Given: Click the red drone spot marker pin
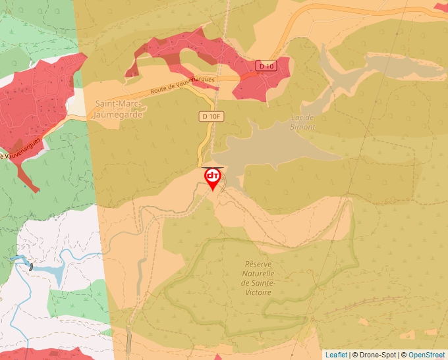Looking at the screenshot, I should pyautogui.click(x=213, y=178).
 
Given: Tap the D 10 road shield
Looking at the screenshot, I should pyautogui.click(x=266, y=66).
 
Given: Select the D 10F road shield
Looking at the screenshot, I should pyautogui.click(x=211, y=116).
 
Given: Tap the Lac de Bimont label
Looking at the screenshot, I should pyautogui.click(x=302, y=122).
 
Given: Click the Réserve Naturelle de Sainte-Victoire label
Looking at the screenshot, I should pyautogui.click(x=258, y=277).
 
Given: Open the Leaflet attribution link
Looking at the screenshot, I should pyautogui.click(x=336, y=355).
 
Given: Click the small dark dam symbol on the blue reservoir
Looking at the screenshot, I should pyautogui.click(x=30, y=267).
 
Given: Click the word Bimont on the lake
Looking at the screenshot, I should pyautogui.click(x=302, y=126).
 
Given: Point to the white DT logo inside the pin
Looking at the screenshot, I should pyautogui.click(x=213, y=176).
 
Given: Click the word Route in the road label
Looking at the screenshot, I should pyautogui.click(x=159, y=91).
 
